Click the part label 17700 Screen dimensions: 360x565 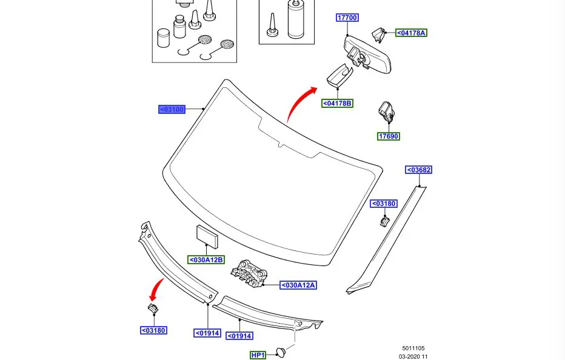347,18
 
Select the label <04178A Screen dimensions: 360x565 411,33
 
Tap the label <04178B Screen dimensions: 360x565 337,103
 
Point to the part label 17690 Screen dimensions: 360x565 389,136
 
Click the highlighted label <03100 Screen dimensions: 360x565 172,110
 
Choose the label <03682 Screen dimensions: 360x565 419,170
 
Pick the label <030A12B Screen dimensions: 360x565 206,260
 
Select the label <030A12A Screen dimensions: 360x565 298,285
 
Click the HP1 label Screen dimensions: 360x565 258,355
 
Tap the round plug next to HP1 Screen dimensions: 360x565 282,352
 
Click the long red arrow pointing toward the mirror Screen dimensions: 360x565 299,104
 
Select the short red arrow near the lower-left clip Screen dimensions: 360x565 157,288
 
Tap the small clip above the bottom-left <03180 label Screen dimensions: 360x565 153,310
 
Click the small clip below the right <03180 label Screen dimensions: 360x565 383,222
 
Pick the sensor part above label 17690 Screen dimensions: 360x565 386,112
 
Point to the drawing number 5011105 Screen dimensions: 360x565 413,348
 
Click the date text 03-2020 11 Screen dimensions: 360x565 413,356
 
